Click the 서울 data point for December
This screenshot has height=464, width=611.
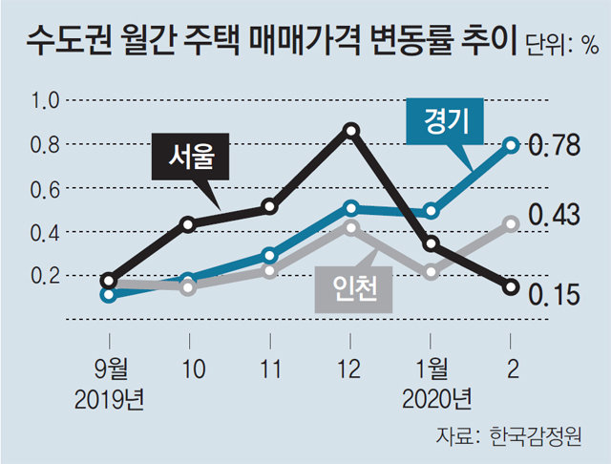[x=351, y=130]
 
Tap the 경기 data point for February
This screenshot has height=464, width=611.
[x=512, y=145]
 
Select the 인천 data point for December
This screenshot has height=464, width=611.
[x=351, y=227]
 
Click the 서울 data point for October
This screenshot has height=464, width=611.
[x=189, y=224]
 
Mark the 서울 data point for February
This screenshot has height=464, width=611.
[x=512, y=286]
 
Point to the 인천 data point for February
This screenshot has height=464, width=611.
[x=512, y=223]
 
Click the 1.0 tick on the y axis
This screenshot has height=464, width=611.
[x=46, y=100]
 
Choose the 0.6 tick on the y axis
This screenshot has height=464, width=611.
[x=46, y=188]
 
